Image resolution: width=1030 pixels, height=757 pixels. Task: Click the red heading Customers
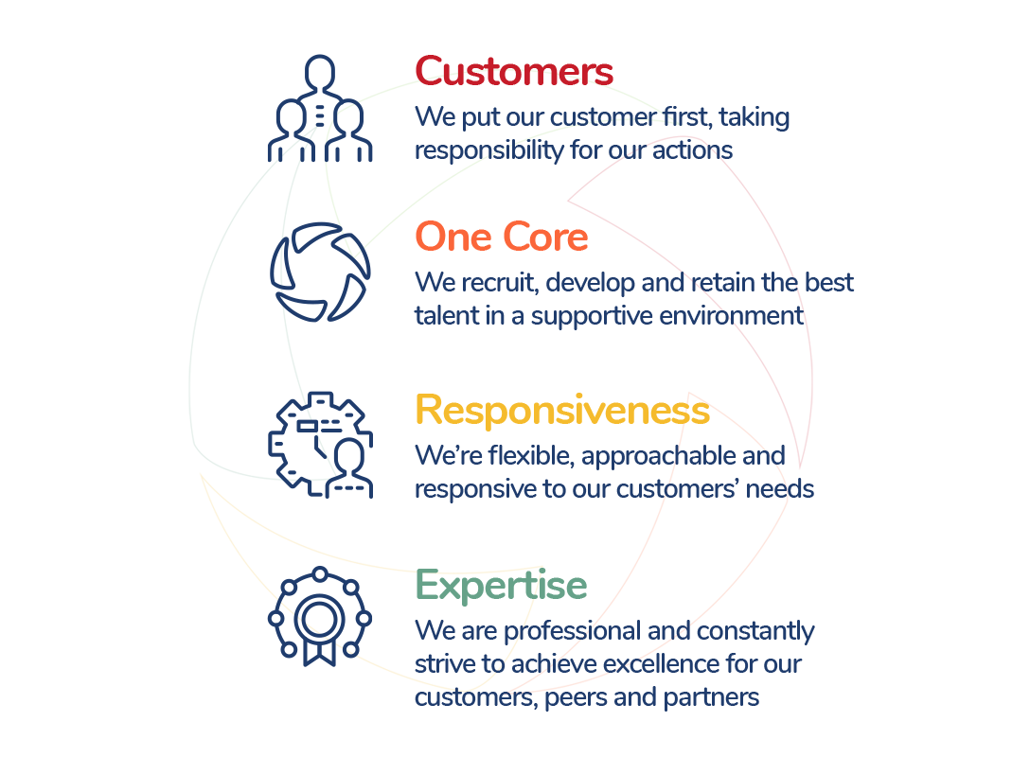(514, 72)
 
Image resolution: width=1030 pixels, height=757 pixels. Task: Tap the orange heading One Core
(502, 238)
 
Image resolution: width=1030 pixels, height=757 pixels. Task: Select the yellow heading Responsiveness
(562, 411)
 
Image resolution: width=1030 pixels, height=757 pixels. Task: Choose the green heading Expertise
(501, 586)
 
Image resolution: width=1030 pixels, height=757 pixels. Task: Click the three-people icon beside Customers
(320, 109)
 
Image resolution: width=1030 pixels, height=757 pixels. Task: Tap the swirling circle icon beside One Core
(320, 273)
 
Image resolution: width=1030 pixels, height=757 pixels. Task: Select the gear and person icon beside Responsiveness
(320, 445)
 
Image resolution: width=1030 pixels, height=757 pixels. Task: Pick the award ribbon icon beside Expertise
(320, 616)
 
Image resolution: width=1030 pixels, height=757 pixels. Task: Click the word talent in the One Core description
(447, 316)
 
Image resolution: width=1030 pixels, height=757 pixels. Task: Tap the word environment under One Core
(739, 316)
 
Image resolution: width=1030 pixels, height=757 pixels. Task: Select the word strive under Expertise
(443, 664)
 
